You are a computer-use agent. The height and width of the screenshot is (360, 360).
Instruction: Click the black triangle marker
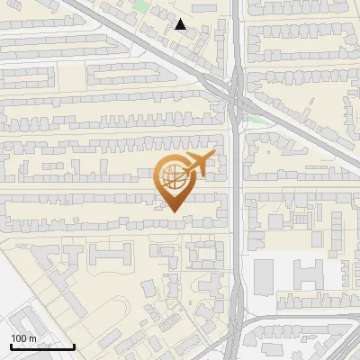pyautogui.click(x=181, y=25)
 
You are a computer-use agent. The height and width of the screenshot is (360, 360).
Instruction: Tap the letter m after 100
pyautogui.click(x=32, y=338)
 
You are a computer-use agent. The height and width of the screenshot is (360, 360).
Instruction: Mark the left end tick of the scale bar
pyautogui.click(x=11, y=345)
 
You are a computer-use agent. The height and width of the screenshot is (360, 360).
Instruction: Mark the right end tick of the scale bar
pyautogui.click(x=74, y=345)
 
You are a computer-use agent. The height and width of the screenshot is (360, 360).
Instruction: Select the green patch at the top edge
pyautogui.click(x=140, y=5)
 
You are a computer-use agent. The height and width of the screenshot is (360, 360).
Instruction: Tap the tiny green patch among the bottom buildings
pyautogui.click(x=171, y=304)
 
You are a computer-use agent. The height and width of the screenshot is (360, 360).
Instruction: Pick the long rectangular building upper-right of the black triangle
pyautogui.click(x=204, y=7)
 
